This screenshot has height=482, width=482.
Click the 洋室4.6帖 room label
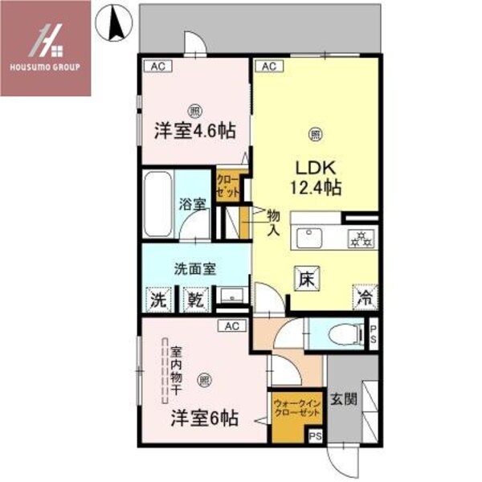click(x=194, y=129)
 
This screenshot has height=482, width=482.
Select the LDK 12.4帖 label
click(x=316, y=178)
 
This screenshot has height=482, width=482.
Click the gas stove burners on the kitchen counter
click(x=358, y=237)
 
